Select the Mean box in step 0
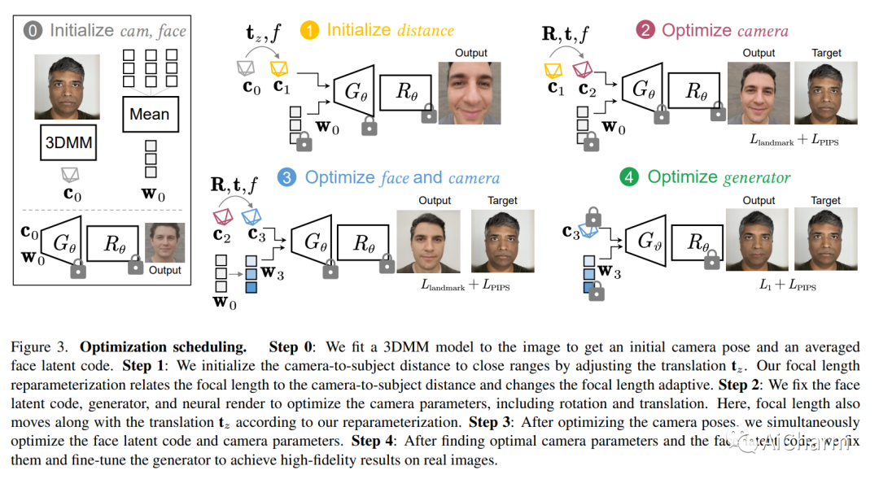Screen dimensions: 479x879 click(x=150, y=114)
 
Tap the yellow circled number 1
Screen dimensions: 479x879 click(x=309, y=30)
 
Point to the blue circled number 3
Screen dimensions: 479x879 click(x=286, y=177)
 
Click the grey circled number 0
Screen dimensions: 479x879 click(x=33, y=31)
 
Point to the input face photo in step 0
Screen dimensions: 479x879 click(x=68, y=86)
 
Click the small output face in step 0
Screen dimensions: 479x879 click(x=164, y=242)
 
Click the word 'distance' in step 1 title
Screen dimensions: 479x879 click(x=426, y=31)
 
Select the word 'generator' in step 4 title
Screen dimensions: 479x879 click(x=756, y=177)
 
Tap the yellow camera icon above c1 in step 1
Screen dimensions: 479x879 click(x=279, y=67)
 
